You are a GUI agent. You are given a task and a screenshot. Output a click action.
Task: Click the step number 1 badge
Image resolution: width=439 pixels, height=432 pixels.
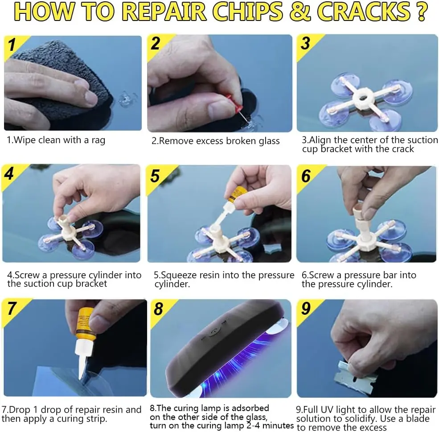tap(12, 45)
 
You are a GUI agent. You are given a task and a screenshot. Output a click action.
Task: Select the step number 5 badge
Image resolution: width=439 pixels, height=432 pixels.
tap(155, 176)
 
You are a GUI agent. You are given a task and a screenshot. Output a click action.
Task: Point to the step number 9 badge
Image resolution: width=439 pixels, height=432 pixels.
tap(306, 309)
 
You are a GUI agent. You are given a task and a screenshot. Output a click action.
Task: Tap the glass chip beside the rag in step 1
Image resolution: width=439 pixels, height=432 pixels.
tap(127, 99)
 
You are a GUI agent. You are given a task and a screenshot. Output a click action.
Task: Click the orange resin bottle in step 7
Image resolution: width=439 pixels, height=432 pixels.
tap(86, 325)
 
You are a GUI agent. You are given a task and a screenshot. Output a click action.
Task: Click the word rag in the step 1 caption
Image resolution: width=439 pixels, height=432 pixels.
tap(98, 140)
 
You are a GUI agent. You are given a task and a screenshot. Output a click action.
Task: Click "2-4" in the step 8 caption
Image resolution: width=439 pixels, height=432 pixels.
tap(254, 426)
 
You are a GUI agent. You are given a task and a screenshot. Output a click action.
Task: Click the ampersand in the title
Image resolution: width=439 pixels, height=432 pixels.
tap(300, 12)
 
